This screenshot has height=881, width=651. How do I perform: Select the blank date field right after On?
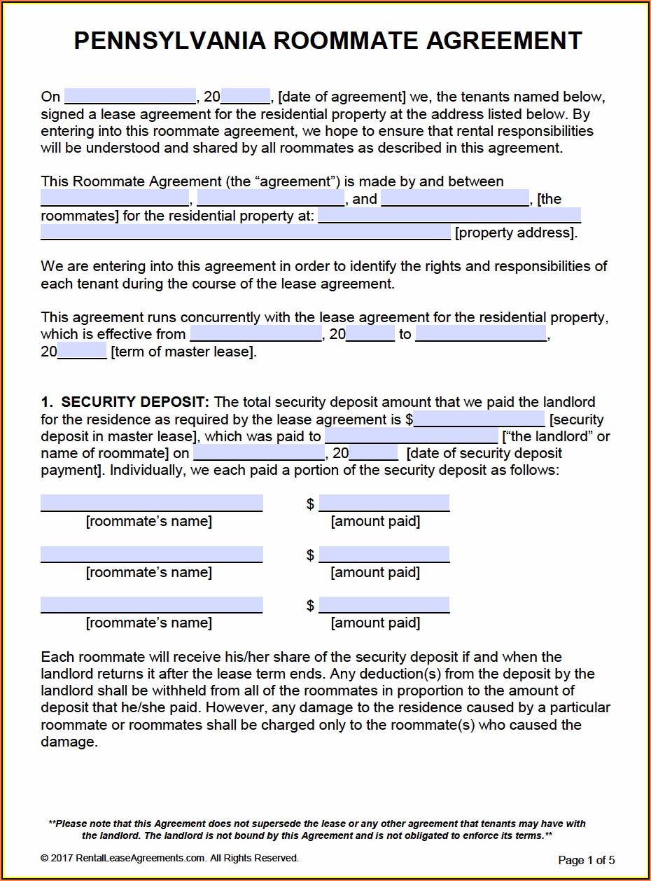(129, 97)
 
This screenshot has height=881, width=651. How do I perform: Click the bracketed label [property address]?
(516, 233)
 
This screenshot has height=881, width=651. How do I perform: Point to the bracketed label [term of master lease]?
(183, 352)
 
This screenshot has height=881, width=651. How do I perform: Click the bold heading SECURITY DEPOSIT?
(134, 402)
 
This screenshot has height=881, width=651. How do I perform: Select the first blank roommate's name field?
(151, 503)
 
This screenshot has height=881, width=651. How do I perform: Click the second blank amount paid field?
(384, 555)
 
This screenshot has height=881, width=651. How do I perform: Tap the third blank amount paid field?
(384, 605)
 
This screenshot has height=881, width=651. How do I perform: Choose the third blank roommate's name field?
(151, 605)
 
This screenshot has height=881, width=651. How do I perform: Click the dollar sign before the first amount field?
(310, 504)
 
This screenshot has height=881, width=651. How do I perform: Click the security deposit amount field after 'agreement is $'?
(479, 419)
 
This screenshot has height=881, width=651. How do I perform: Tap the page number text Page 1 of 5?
(587, 860)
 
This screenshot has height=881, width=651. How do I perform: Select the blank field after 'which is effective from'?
(255, 334)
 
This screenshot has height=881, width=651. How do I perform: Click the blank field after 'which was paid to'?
(412, 436)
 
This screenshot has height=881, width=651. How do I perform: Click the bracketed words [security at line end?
(577, 419)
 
